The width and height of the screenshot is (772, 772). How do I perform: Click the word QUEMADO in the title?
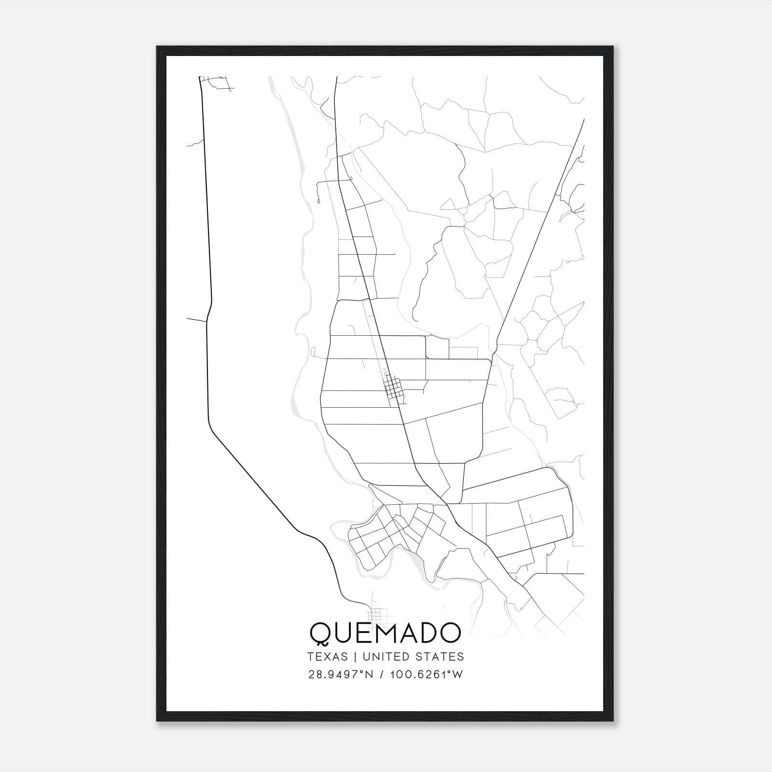(385, 633)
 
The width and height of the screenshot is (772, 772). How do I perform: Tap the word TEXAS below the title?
(327, 657)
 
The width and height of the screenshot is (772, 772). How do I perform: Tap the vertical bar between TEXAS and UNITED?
(355, 657)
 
